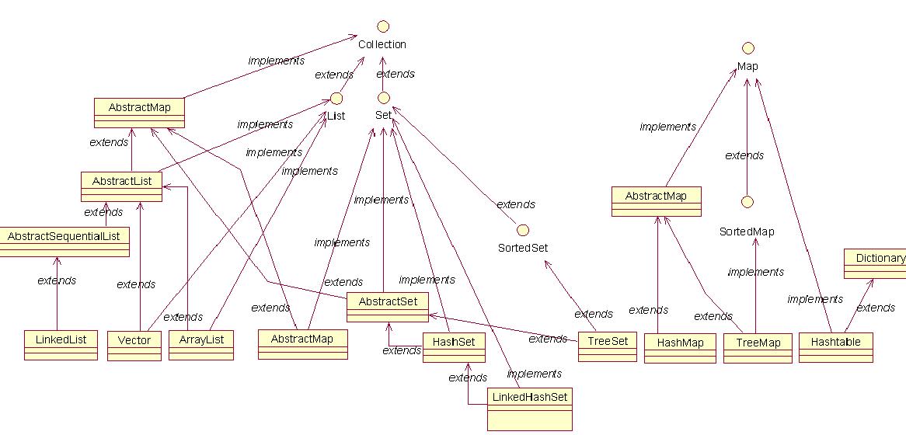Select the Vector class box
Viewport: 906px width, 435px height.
pyautogui.click(x=134, y=345)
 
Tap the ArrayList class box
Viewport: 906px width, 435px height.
pyautogui.click(x=201, y=345)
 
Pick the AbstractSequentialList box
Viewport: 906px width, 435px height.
pyautogui.click(x=64, y=241)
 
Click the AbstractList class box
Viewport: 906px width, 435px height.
pyautogui.click(x=121, y=186)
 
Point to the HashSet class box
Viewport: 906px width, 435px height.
pyautogui.click(x=454, y=346)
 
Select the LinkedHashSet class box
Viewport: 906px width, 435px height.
pyautogui.click(x=530, y=408)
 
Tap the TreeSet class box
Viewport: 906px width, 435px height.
pyautogui.click(x=608, y=346)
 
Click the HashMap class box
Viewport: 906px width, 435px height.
pyautogui.click(x=680, y=347)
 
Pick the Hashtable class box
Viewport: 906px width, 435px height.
pyautogui.click(x=836, y=346)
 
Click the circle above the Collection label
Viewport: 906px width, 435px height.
pyautogui.click(x=382, y=26)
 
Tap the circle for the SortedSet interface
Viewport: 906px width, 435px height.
pyautogui.click(x=523, y=230)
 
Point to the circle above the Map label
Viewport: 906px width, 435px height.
pyautogui.click(x=747, y=48)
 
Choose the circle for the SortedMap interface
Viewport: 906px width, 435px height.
pyautogui.click(x=747, y=202)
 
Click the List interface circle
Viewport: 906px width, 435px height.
pyautogui.click(x=336, y=99)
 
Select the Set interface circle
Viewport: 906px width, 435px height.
pyautogui.click(x=383, y=99)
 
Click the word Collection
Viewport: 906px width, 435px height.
pyautogui.click(x=382, y=45)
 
